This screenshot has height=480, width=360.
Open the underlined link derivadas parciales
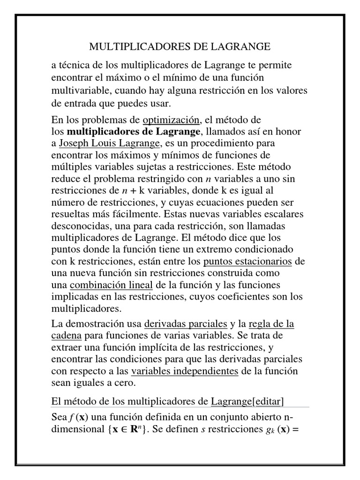pyautogui.click(x=186, y=324)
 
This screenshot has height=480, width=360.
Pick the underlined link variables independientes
pyautogui.click(x=185, y=372)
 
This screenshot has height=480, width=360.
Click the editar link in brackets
pyautogui.click(x=268, y=401)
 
